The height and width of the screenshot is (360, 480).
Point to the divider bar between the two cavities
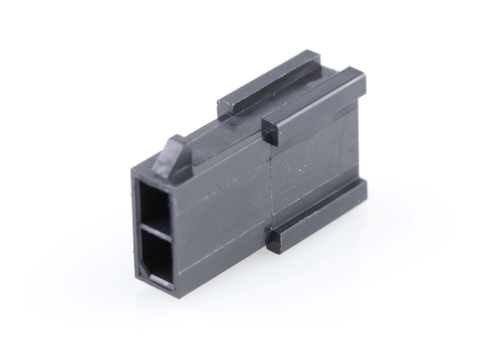pyautogui.click(x=155, y=230)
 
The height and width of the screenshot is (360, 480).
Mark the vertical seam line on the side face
pyautogui.click(x=272, y=187)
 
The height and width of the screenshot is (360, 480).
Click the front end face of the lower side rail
pyautogui.click(x=275, y=242)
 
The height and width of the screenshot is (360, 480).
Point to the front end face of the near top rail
pyautogui.click(x=270, y=131)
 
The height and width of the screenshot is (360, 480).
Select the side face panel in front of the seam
pyautogui.click(x=220, y=211)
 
